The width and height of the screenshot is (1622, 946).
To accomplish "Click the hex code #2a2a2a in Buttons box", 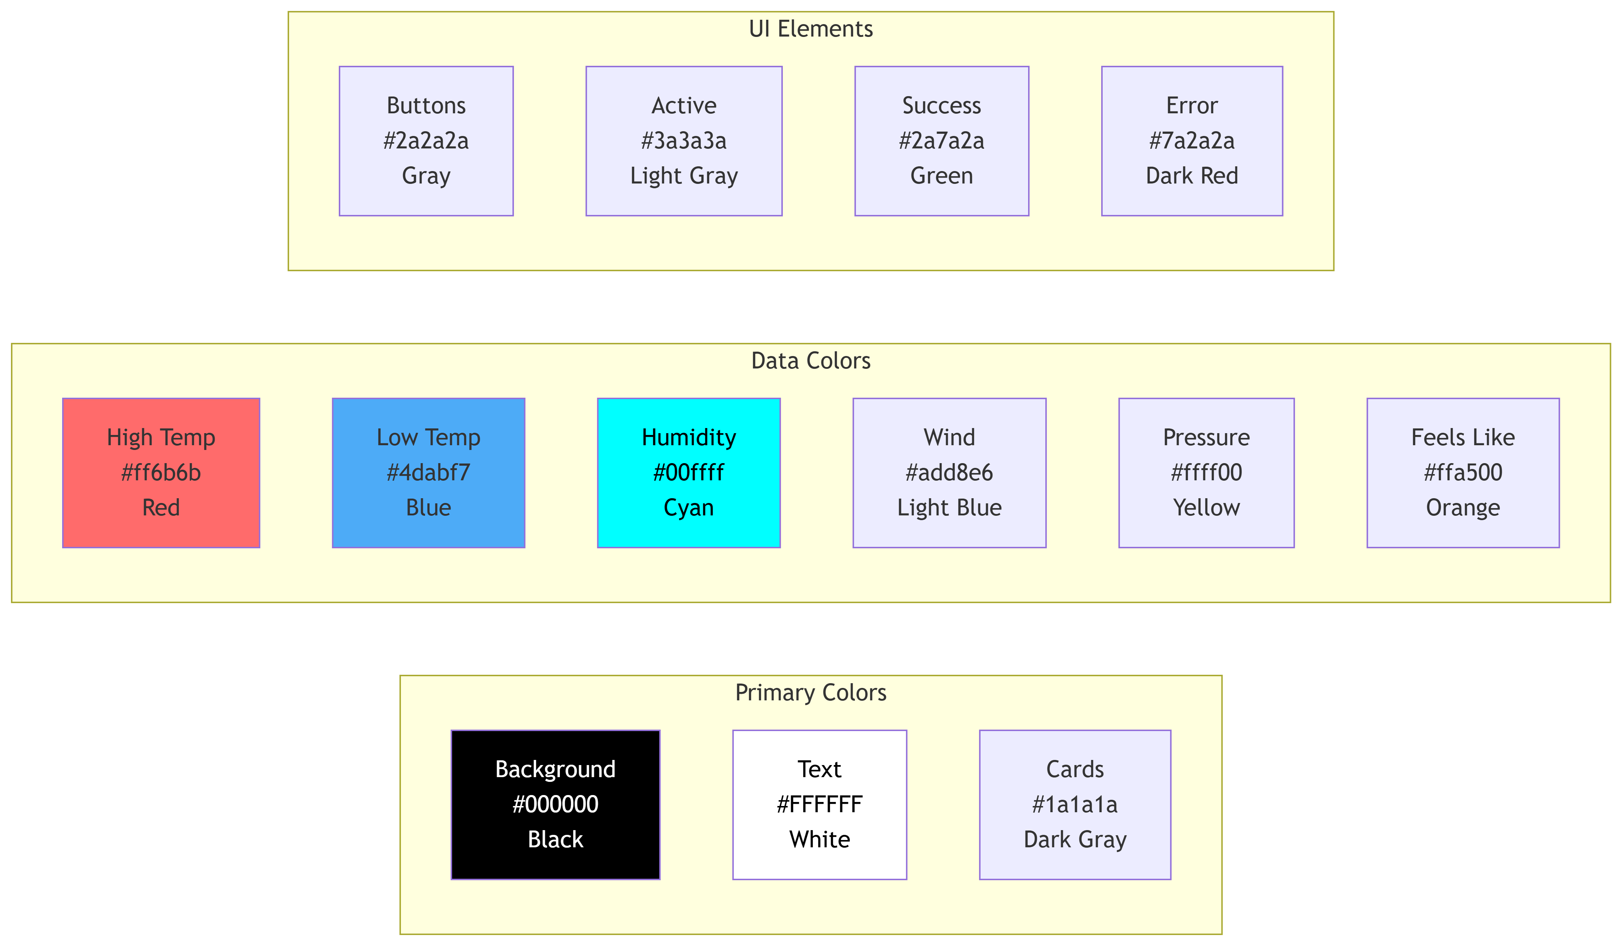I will point(426,140).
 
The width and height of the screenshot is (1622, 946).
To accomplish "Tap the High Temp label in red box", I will point(161,438).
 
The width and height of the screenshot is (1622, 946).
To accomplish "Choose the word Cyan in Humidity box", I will point(688,508).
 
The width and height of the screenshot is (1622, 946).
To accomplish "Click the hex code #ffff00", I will point(1206,472).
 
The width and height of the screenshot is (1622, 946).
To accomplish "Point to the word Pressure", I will point(1206,438).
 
